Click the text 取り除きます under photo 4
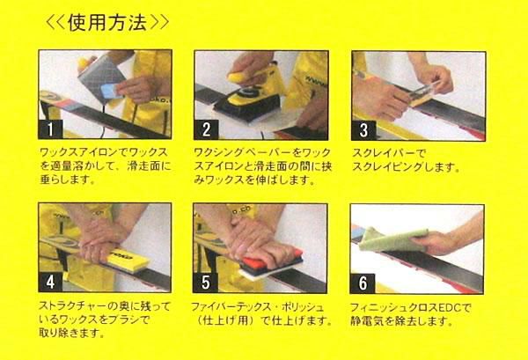70,334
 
